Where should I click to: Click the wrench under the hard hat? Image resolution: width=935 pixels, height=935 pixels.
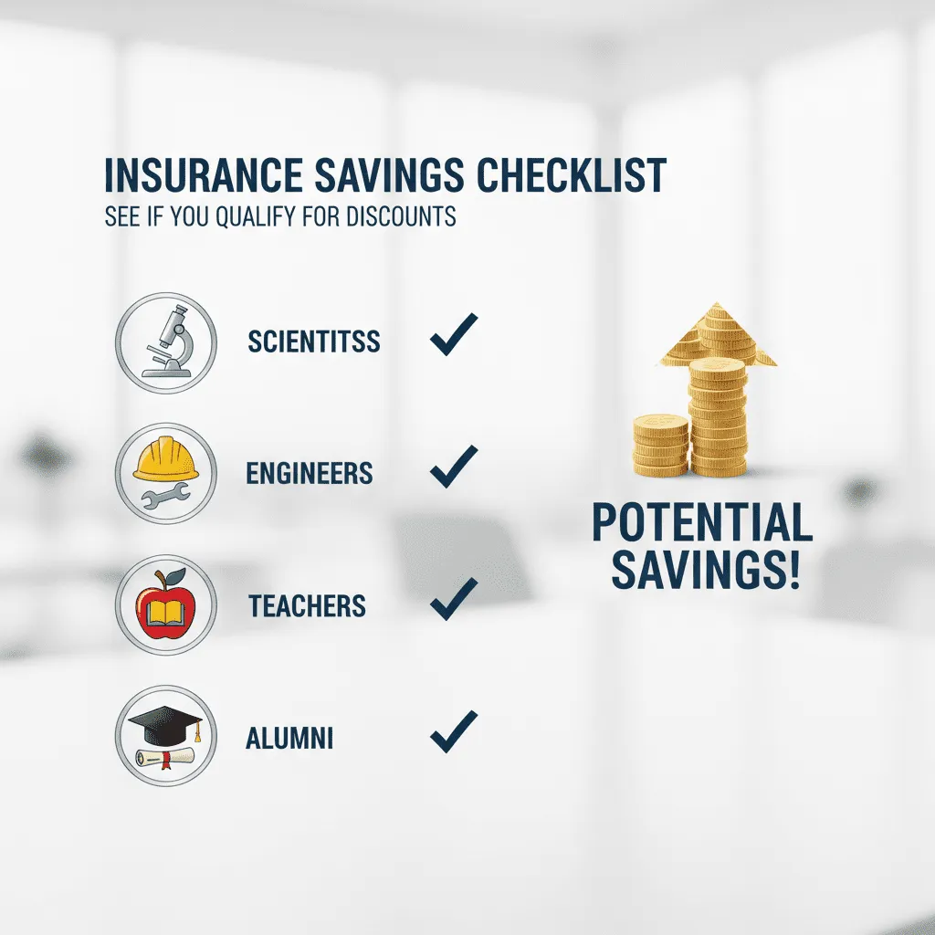point(165,496)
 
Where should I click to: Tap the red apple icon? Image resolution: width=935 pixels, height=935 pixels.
point(165,605)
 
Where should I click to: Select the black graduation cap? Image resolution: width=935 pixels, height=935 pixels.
point(164,725)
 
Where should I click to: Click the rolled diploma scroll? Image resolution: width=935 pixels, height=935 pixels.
point(164,756)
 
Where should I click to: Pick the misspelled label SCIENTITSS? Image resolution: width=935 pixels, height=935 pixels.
point(314,342)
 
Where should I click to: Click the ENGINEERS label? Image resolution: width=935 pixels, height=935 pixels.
point(310,473)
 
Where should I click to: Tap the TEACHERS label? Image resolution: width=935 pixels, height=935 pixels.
point(307,605)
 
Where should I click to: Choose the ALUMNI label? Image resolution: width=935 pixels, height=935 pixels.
point(289,738)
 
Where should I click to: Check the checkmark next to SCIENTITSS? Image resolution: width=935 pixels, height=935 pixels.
point(454,334)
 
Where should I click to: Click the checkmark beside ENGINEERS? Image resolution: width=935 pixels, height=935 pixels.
point(454,466)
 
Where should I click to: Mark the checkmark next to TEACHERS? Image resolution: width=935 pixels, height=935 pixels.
point(454,598)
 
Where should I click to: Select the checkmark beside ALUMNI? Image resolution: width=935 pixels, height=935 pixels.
point(454,730)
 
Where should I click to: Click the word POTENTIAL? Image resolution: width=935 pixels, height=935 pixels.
point(701,524)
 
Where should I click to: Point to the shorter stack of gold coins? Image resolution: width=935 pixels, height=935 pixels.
point(660,445)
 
